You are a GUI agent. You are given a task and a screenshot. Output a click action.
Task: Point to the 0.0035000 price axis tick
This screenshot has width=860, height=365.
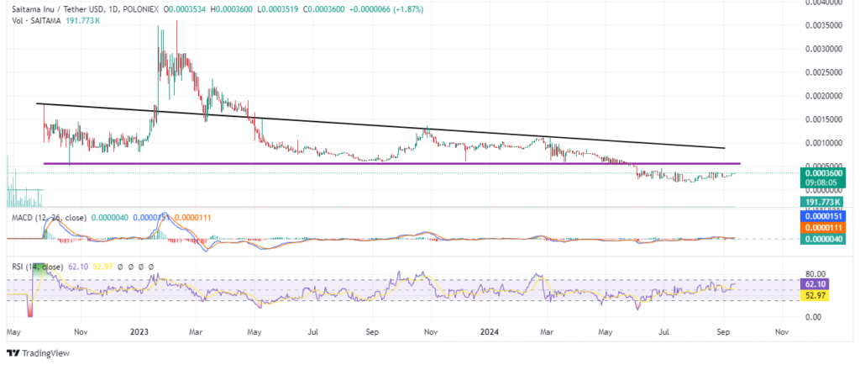[x=824, y=25]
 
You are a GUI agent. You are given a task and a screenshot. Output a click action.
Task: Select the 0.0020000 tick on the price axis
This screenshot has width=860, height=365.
[x=824, y=96]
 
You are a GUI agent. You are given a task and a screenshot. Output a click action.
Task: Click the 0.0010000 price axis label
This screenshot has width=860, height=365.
[x=824, y=143]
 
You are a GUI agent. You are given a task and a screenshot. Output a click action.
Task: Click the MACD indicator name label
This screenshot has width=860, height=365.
[x=21, y=219]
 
